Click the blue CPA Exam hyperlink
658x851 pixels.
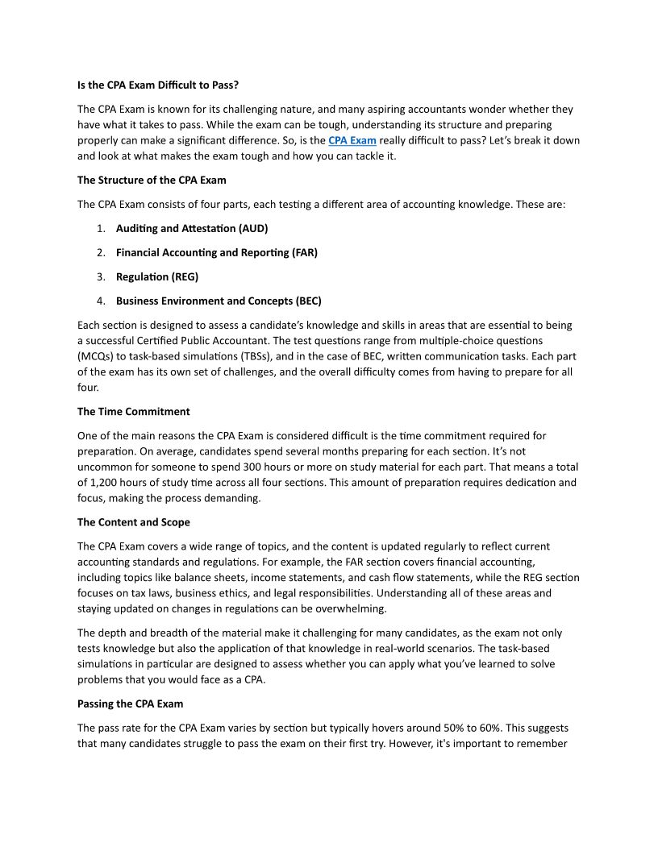[x=352, y=140]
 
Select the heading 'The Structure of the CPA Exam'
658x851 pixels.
[x=152, y=180]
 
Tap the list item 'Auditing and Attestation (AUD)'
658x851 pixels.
[x=192, y=228]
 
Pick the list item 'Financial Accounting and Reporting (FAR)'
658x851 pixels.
[x=217, y=252]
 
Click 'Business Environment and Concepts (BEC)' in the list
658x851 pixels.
[x=219, y=301]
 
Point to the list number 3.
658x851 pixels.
[x=101, y=276]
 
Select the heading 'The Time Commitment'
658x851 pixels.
[x=134, y=411]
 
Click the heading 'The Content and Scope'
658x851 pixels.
[x=134, y=522]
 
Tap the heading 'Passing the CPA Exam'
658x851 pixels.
[x=131, y=704]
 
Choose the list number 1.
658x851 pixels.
[x=101, y=228]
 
